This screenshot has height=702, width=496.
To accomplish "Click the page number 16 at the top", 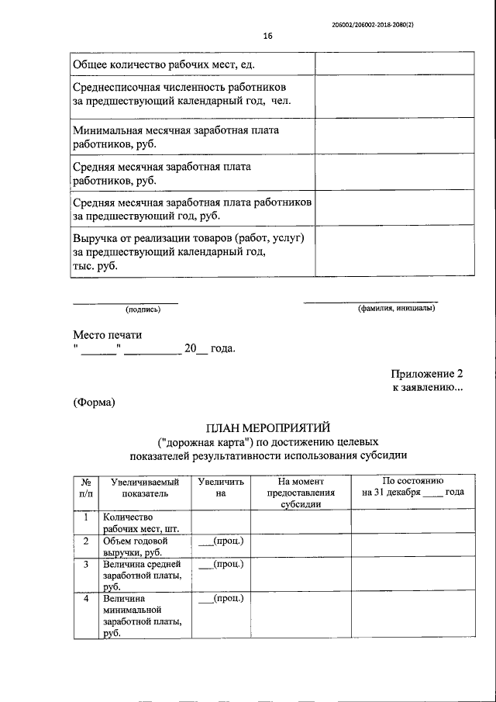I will (x=268, y=36).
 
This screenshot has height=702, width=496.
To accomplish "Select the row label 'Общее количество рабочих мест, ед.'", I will (x=164, y=63).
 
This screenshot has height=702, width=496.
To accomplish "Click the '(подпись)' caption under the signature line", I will (x=143, y=310).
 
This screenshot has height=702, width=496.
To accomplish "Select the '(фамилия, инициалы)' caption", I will (x=396, y=310).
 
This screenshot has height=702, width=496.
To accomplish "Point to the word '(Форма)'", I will (x=95, y=402).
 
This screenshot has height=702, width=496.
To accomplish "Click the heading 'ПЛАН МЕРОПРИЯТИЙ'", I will (x=268, y=427).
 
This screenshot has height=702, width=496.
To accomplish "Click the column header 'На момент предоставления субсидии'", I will (x=300, y=493).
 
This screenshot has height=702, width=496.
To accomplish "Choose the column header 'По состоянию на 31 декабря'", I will (x=412, y=487).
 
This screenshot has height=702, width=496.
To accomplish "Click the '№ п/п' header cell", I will (x=85, y=487).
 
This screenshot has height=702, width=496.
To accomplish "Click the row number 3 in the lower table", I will (x=85, y=564).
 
